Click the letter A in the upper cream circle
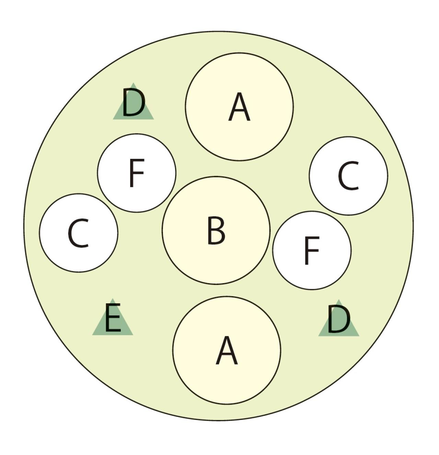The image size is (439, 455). tap(239, 107)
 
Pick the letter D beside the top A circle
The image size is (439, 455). tap(133, 102)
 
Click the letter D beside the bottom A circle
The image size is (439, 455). tap(338, 319)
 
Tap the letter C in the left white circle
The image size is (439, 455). tap(79, 233)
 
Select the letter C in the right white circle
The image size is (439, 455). tap(348, 176)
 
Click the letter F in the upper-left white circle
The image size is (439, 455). tap(137, 173)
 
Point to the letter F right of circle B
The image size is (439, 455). tap(312, 251)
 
